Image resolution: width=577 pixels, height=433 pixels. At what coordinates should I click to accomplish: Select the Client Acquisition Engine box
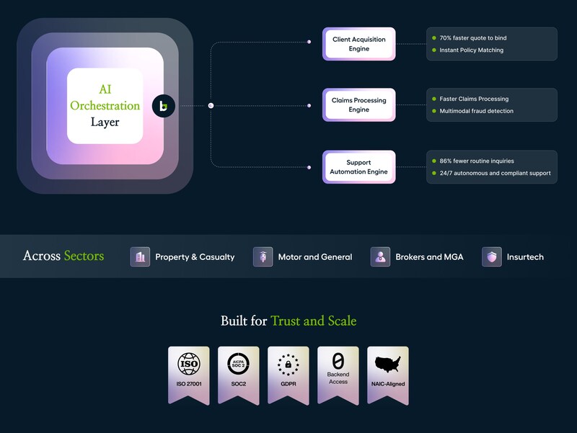[x=358, y=44]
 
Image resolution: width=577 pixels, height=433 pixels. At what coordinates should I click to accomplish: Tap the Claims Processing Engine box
[x=358, y=105]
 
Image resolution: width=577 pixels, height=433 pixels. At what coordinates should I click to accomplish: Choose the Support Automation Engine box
[x=358, y=167]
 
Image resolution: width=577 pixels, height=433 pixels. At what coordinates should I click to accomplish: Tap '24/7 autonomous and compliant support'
[x=495, y=173]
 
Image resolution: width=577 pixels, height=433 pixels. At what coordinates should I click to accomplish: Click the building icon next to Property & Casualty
[x=140, y=256]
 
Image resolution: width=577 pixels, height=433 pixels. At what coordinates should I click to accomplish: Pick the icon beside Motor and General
[x=263, y=256]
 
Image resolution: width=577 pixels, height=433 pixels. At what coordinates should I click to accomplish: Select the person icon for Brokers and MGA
[x=380, y=256]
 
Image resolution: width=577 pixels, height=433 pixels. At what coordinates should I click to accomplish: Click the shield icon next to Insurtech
[x=492, y=256]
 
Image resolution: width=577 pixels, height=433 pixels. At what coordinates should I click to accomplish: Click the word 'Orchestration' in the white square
[x=105, y=106]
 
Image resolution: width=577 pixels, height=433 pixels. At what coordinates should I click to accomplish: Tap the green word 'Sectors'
[x=84, y=256]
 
